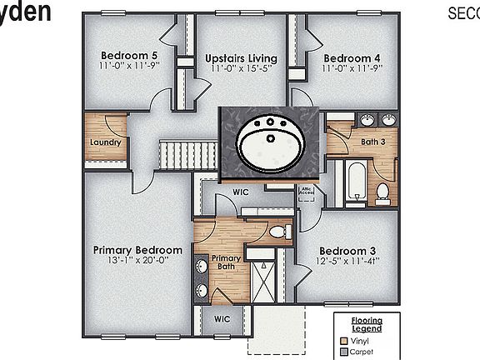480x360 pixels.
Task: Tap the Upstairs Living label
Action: (x=241, y=57)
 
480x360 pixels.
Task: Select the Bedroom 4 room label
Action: (x=352, y=57)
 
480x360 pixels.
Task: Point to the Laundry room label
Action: (x=106, y=142)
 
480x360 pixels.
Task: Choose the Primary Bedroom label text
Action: (x=137, y=250)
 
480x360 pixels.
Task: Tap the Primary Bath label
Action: (x=226, y=262)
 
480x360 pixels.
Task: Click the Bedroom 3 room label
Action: (x=347, y=251)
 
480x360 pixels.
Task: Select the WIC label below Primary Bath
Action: (x=222, y=319)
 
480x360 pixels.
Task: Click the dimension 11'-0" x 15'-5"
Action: (x=241, y=67)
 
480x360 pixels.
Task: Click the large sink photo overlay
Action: (x=271, y=142)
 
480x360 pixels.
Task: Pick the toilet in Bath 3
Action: (x=382, y=192)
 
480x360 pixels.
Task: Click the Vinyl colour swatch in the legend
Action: (x=344, y=342)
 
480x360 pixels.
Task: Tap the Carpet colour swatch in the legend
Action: (x=344, y=352)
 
